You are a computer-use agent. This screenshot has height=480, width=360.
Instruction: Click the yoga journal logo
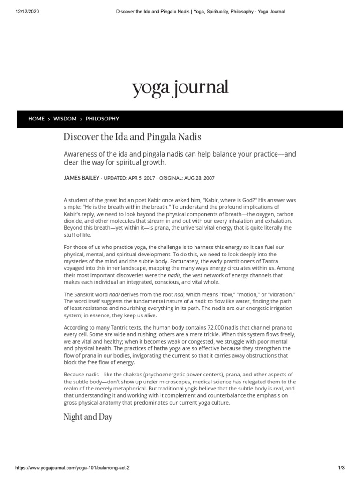(x=180, y=87)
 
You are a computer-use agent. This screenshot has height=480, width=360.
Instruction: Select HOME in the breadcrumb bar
(x=36, y=119)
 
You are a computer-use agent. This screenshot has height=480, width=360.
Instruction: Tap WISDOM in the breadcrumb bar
(x=65, y=119)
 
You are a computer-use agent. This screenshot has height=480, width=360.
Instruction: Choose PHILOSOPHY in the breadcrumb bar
(x=102, y=119)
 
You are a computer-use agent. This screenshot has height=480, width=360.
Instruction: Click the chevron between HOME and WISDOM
(x=49, y=119)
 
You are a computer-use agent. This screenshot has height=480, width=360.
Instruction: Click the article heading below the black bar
(x=132, y=137)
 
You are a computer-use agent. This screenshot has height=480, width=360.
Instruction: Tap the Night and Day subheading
(x=88, y=417)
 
